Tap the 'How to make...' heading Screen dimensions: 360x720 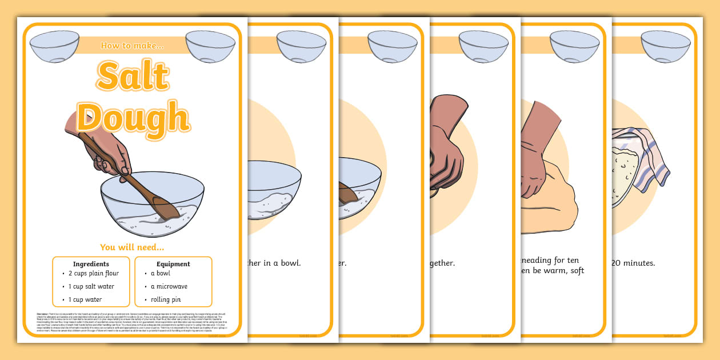pyautogui.click(x=132, y=45)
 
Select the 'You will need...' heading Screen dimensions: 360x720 pyautogui.click(x=132, y=247)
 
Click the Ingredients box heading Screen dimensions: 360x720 pyautogui.click(x=91, y=264)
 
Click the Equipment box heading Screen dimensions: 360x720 pyautogui.click(x=173, y=264)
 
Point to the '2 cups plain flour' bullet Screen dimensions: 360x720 pyautogui.click(x=93, y=273)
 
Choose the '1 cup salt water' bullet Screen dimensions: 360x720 pyautogui.click(x=91, y=286)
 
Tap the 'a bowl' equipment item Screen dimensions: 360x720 pyautogui.click(x=160, y=273)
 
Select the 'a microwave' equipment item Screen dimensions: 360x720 pyautogui.click(x=169, y=286)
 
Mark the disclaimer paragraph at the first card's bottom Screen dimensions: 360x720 pyautogui.click(x=132, y=322)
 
